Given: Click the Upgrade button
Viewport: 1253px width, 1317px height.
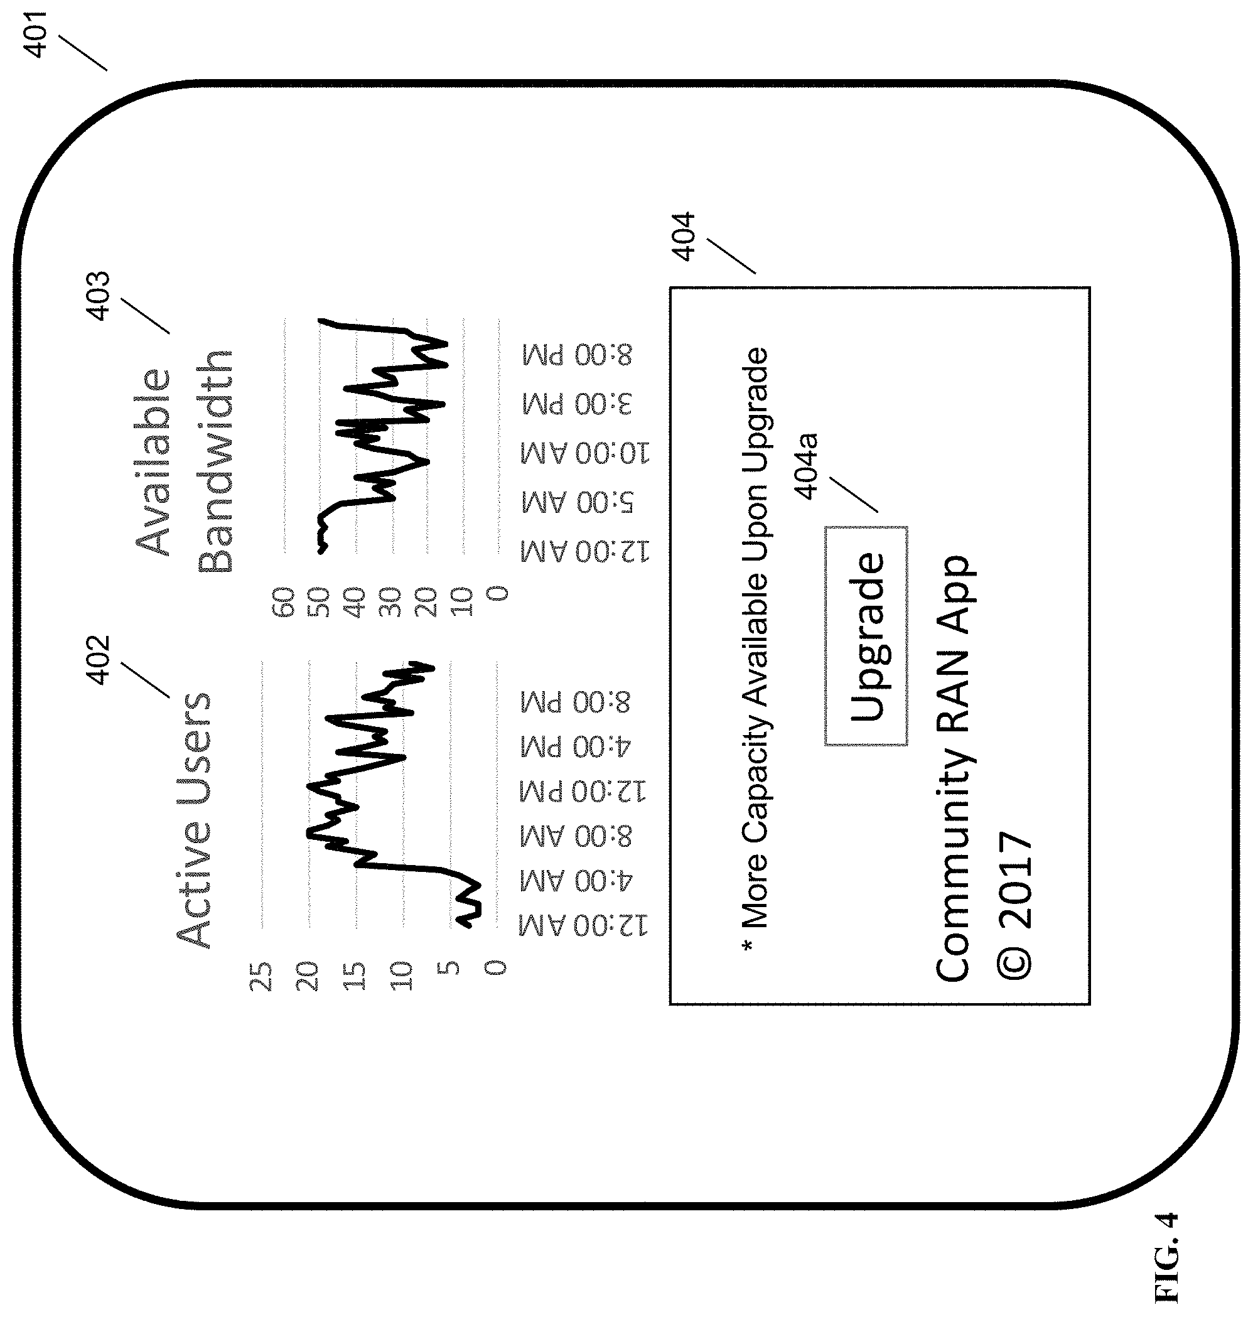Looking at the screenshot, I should click(866, 636).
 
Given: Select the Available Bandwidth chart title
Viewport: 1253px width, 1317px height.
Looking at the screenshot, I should click(184, 461).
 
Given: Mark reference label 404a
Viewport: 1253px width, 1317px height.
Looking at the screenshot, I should click(806, 466).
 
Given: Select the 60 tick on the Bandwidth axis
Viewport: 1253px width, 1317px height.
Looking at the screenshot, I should click(283, 603).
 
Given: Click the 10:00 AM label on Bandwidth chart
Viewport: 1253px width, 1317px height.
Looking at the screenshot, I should click(585, 453).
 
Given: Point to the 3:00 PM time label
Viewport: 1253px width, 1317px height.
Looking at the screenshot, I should click(576, 404).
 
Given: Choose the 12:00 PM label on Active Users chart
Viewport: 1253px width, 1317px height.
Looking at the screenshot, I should click(583, 792).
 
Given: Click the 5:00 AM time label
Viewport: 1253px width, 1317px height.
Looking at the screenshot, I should click(577, 502).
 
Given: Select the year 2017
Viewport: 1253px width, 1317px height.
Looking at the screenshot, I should click(1014, 880).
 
